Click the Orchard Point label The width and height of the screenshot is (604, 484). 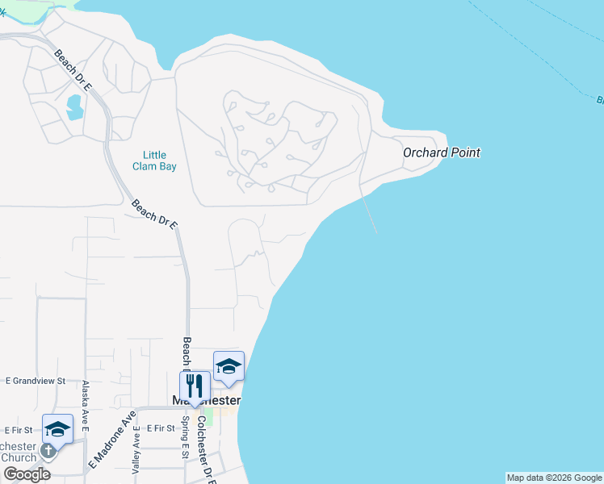tap(442, 152)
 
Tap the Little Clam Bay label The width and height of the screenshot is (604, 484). tap(154, 161)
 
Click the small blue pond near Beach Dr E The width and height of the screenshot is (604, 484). tap(74, 106)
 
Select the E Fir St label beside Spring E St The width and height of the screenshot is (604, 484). tap(161, 432)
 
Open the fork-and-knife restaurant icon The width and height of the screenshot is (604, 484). tap(195, 386)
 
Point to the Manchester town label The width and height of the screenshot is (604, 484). tap(208, 401)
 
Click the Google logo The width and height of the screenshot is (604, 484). tap(27, 474)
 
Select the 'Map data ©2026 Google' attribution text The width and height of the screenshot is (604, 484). tap(554, 478)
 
